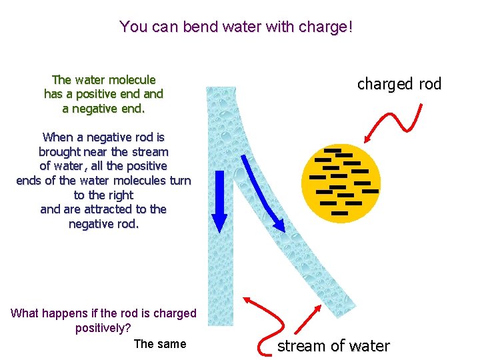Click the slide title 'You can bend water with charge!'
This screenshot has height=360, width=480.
pos(236,27)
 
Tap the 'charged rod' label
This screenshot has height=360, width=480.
pos(399,84)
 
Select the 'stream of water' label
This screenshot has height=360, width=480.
pos(333,346)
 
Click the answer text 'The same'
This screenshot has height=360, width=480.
pos(160,344)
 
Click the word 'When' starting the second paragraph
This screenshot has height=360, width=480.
pos(57,137)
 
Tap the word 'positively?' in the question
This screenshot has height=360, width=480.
pos(103,328)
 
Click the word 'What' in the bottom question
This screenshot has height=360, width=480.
pos(25,313)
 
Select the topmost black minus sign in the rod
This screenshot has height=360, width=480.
pos(333,150)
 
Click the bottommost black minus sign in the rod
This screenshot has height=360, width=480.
pos(339,213)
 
